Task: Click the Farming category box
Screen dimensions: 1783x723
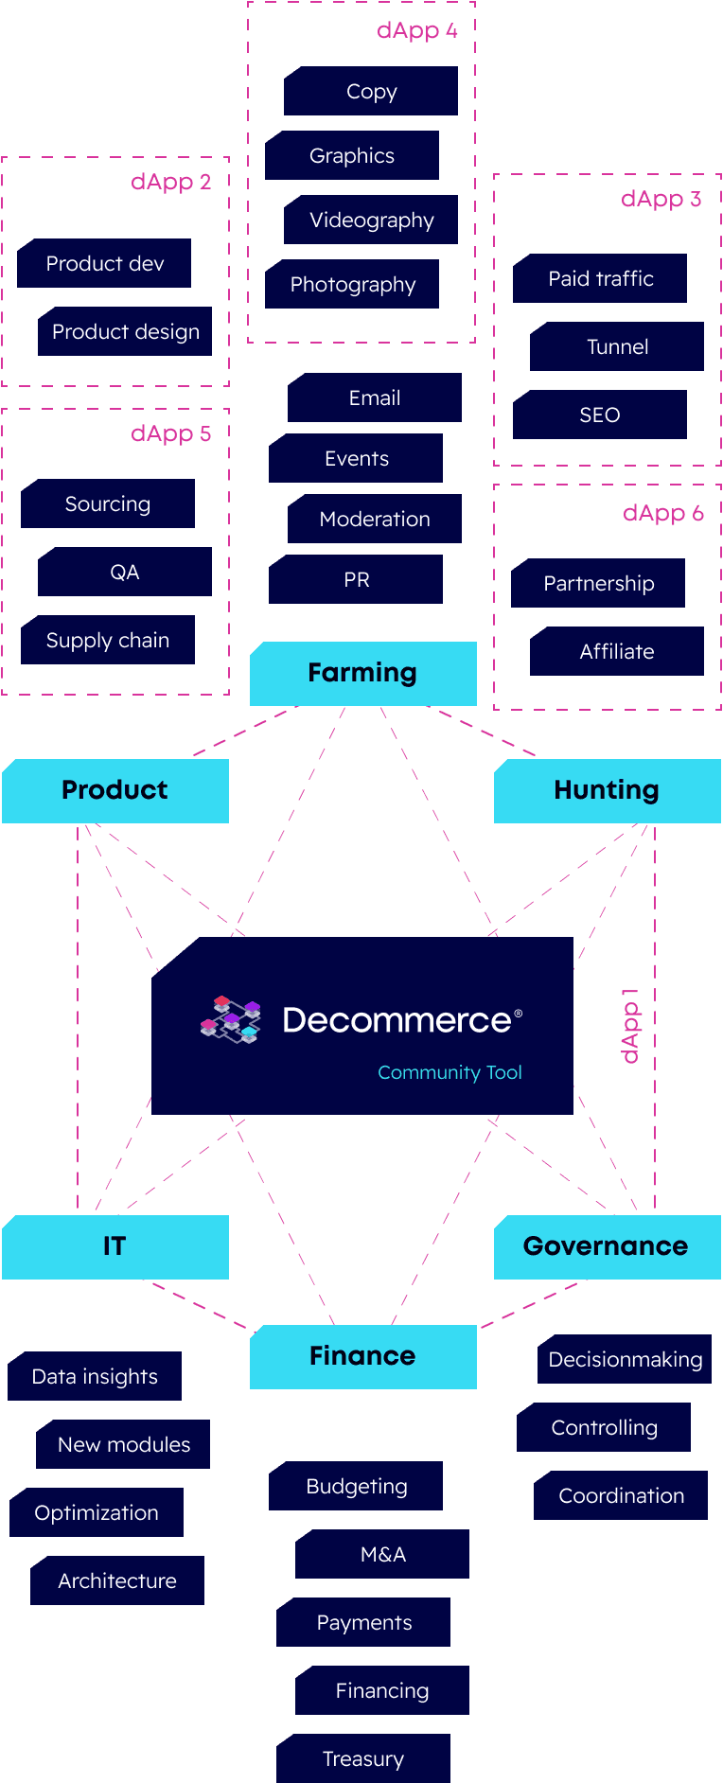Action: tap(362, 673)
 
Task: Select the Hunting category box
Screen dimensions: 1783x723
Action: tap(607, 790)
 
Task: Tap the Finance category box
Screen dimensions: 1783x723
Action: tap(362, 1356)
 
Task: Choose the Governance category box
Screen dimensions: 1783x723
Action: tap(607, 1246)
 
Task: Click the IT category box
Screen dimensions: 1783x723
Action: tap(115, 1246)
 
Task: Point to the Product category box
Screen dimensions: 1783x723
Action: tap(115, 790)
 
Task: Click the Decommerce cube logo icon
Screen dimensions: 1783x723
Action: tap(231, 1019)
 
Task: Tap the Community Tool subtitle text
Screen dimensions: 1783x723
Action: tap(450, 1072)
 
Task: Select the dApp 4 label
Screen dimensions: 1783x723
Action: tap(416, 30)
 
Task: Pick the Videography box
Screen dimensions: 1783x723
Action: tap(371, 220)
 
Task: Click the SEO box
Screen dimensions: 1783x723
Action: tap(600, 415)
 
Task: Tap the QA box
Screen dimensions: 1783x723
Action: tap(125, 572)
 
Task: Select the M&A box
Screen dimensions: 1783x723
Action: tap(382, 1554)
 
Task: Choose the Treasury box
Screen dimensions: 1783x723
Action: tap(363, 1758)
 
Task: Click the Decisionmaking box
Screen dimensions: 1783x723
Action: tap(625, 1359)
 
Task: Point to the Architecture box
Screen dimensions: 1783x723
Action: tap(117, 1580)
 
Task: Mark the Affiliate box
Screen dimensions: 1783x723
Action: tap(617, 651)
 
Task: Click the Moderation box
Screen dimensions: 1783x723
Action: tap(375, 519)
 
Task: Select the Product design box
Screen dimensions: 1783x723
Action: tap(125, 331)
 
